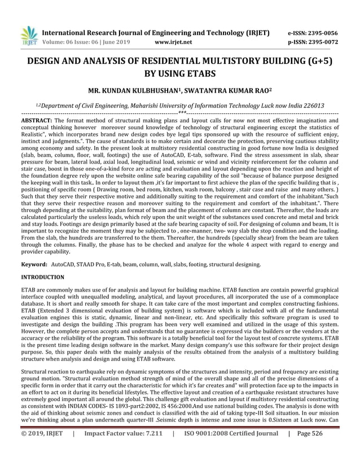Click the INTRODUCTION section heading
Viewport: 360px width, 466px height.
[x=42, y=278]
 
